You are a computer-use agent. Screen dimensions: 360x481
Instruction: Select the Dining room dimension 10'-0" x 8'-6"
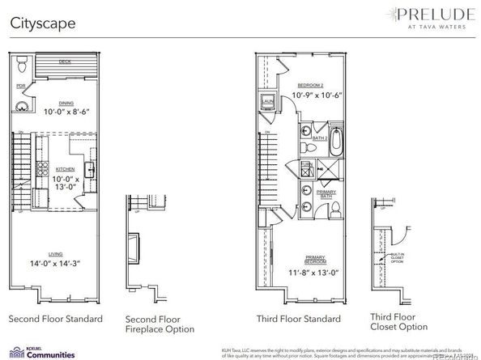pos(54,112)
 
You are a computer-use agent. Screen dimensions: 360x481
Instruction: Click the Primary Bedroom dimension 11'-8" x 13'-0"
pos(315,273)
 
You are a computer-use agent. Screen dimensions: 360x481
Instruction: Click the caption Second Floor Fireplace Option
pos(160,324)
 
